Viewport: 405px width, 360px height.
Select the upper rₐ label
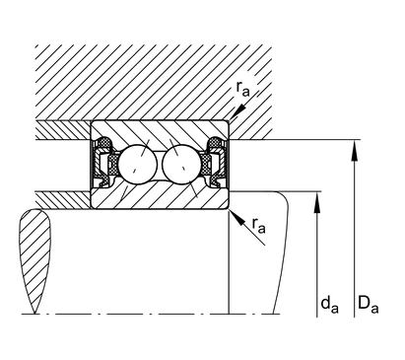pyautogui.click(x=242, y=89)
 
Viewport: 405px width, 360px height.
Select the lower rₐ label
pyautogui.click(x=258, y=225)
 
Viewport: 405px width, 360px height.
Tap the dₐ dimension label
pyautogui.click(x=329, y=304)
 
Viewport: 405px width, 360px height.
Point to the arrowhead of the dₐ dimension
pyautogui.click(x=317, y=202)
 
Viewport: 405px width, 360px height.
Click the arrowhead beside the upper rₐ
pyautogui.click(x=238, y=110)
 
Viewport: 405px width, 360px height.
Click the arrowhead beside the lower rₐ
pyautogui.click(x=238, y=218)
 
